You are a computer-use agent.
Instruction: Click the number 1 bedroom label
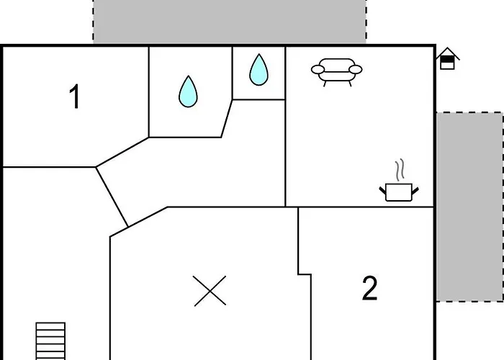[x=75, y=97]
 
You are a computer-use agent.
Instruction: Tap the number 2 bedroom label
[x=369, y=289]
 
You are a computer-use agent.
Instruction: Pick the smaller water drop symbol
[x=258, y=70]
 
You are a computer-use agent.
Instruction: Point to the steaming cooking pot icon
[x=398, y=192]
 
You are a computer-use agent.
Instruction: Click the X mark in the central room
[x=210, y=290]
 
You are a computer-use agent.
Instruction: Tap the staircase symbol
[x=51, y=341]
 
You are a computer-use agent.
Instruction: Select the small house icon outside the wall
[x=448, y=59]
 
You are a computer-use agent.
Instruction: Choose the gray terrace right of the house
[x=469, y=207]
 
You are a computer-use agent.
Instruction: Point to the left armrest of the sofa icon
[x=318, y=70]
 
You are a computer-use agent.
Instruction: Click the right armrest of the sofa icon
[x=356, y=70]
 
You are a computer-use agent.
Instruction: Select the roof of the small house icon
[x=448, y=53]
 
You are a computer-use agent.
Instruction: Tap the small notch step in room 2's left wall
[x=305, y=274]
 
